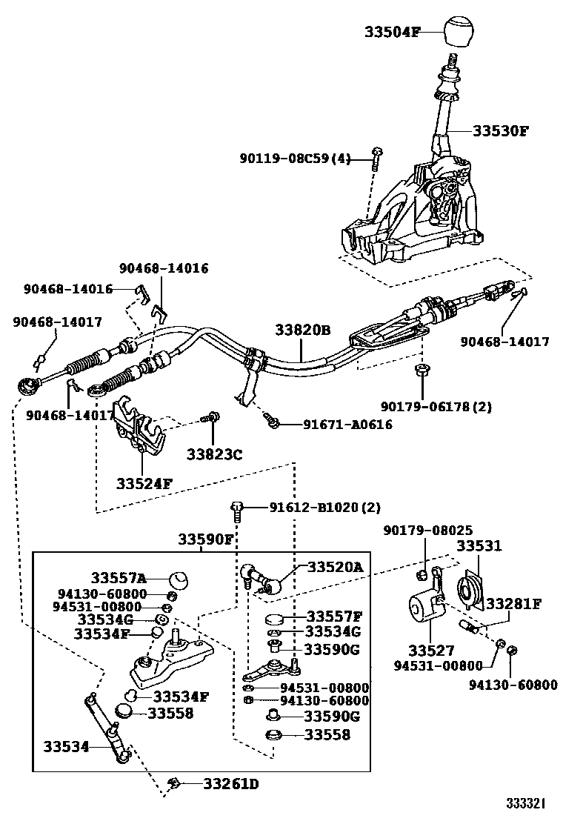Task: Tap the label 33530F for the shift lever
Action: (x=501, y=130)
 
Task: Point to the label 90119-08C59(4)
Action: (x=295, y=158)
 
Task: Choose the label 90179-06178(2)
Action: (x=436, y=406)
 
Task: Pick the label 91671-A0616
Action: (x=347, y=425)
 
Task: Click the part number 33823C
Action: (x=214, y=454)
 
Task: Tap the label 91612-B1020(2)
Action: (x=324, y=508)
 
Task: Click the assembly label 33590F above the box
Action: (x=205, y=539)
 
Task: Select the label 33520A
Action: (x=336, y=567)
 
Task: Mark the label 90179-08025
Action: (x=427, y=531)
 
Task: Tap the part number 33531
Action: (x=479, y=546)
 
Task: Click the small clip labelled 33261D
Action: (x=176, y=783)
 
